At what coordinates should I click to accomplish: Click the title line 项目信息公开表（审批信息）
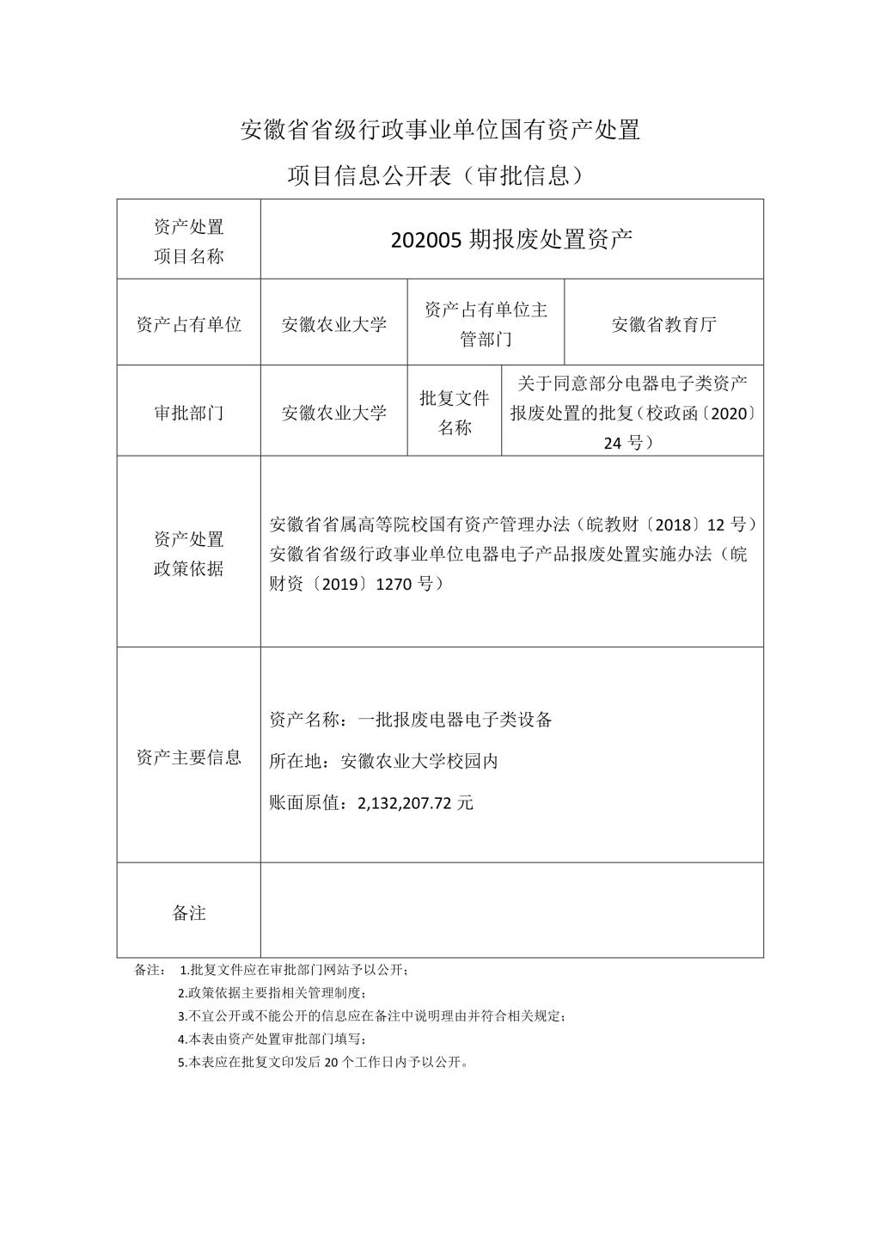tap(439, 175)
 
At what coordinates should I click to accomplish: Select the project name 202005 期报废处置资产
tap(511, 239)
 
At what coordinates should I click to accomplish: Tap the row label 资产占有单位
tap(188, 324)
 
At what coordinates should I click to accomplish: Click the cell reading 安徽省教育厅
tap(663, 324)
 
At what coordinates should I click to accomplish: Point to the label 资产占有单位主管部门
tap(486, 324)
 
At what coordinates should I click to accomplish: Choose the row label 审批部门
tap(188, 413)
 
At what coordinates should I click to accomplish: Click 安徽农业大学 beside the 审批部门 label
tap(333, 413)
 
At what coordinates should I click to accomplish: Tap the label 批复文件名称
tap(454, 413)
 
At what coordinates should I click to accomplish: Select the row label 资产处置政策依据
tap(188, 554)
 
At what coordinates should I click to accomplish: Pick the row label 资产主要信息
tap(188, 757)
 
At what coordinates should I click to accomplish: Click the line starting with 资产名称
tap(410, 720)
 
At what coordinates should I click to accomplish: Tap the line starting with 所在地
tap(383, 761)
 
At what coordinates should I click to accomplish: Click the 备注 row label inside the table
tap(188, 912)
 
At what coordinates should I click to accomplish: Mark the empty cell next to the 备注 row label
tap(511, 911)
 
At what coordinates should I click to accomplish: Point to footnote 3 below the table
tap(371, 1015)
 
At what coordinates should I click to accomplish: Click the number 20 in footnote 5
tap(331, 1062)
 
